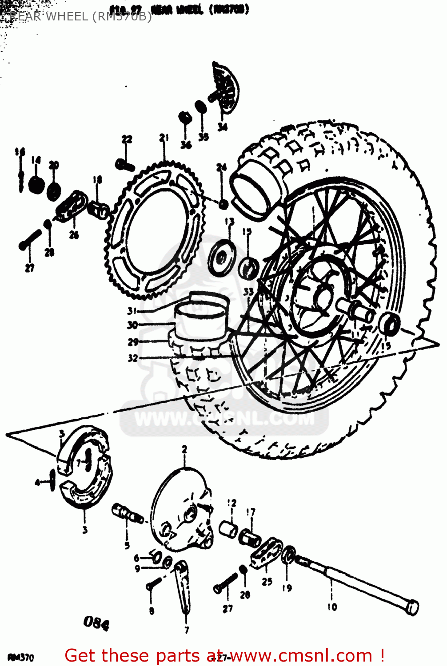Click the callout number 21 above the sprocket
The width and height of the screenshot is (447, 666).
click(164, 138)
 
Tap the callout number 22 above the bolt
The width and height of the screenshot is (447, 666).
click(127, 139)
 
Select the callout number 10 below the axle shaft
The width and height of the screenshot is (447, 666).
click(332, 607)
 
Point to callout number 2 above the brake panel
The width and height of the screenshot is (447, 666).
click(184, 449)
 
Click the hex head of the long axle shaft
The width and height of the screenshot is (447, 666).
click(412, 607)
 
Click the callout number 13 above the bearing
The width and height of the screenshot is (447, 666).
click(229, 222)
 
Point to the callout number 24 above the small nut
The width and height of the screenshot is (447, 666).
click(221, 167)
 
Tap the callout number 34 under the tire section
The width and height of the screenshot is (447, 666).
click(222, 127)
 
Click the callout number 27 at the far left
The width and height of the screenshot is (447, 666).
click(29, 268)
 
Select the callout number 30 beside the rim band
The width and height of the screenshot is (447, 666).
click(132, 325)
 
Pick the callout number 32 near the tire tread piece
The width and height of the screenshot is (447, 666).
click(132, 358)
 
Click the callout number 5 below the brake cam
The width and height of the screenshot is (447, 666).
click(127, 545)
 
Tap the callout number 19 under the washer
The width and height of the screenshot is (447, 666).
click(287, 588)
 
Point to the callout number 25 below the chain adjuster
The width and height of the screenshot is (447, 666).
click(267, 581)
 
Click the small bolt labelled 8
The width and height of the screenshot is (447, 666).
click(151, 586)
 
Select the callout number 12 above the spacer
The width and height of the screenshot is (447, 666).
click(232, 503)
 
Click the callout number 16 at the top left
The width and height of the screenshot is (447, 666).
click(20, 152)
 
